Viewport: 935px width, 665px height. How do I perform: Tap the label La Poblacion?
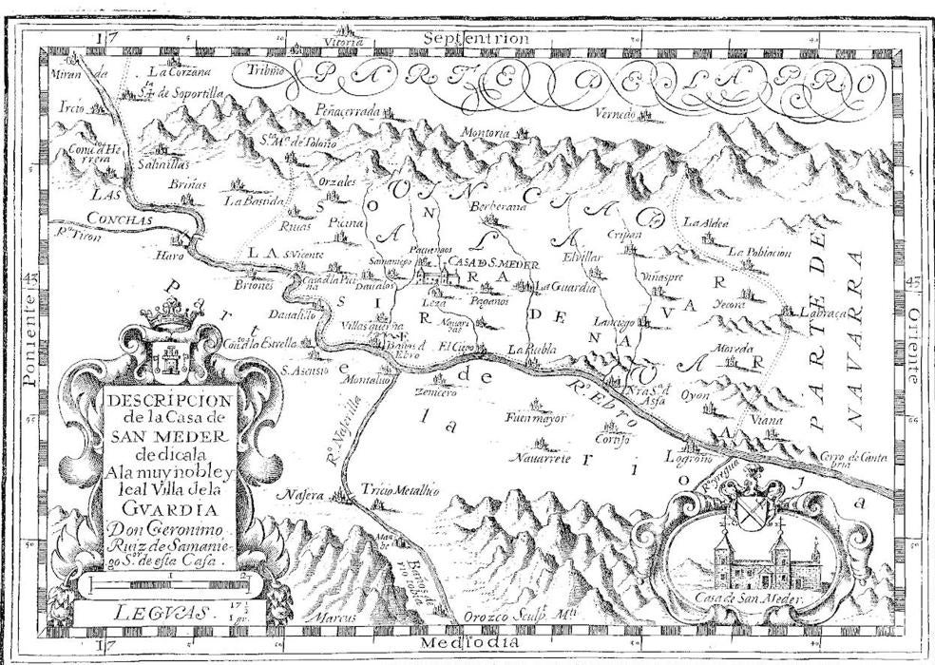tap(761, 253)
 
